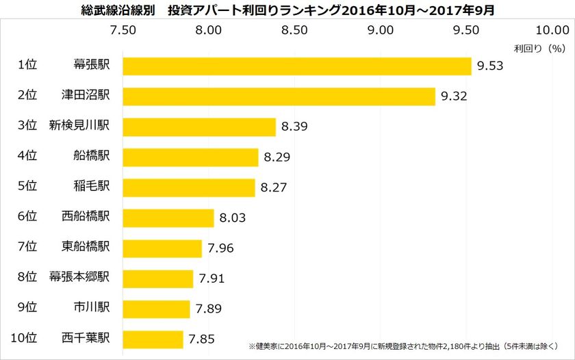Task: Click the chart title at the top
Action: click(287, 10)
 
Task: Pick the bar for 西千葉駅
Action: click(153, 339)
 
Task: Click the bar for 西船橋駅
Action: click(168, 218)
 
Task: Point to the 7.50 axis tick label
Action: click(123, 30)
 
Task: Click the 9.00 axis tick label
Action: click(381, 30)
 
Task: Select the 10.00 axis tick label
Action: click(552, 30)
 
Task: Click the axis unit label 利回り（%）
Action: click(538, 49)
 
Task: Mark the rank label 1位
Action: click(27, 66)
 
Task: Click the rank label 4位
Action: click(27, 157)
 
